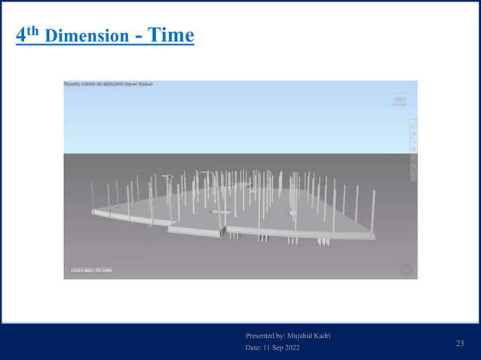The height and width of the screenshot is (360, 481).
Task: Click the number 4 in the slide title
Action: [x=22, y=36]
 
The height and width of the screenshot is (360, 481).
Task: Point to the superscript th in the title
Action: [x=35, y=31]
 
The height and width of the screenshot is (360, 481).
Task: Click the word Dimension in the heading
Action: [x=87, y=36]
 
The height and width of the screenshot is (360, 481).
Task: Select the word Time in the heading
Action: [x=170, y=35]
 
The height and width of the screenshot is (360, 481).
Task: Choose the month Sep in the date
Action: [x=280, y=347]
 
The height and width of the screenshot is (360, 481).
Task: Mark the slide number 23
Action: [x=460, y=343]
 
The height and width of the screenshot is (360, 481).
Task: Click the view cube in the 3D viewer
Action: [x=399, y=99]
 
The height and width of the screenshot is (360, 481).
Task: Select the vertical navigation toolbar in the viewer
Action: [x=412, y=148]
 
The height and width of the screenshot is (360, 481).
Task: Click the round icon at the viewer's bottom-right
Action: [x=406, y=269]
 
